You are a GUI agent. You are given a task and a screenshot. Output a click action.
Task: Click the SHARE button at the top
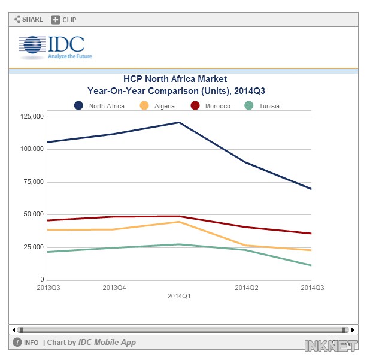[x=29, y=19]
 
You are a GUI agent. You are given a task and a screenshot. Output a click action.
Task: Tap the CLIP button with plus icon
[x=64, y=19]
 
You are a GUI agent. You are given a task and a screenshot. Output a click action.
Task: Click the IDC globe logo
[x=32, y=46]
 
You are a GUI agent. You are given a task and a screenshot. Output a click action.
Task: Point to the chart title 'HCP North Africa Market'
[x=175, y=79]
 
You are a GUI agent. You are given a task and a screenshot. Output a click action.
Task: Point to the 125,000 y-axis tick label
[x=32, y=116]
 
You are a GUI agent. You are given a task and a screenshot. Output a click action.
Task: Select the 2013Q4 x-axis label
[x=114, y=288]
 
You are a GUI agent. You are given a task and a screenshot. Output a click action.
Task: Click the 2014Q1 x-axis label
[x=179, y=296]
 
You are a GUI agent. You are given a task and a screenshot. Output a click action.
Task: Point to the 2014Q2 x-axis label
[x=245, y=288]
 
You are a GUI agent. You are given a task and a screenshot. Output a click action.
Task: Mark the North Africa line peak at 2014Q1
[x=179, y=122]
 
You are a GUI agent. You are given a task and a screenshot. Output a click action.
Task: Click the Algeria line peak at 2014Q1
[x=179, y=222]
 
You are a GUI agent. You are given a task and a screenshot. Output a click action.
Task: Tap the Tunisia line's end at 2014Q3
[x=311, y=265]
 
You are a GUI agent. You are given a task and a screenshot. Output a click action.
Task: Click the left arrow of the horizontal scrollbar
[x=14, y=329]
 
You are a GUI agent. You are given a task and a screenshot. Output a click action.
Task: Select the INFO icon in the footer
[x=18, y=343]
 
